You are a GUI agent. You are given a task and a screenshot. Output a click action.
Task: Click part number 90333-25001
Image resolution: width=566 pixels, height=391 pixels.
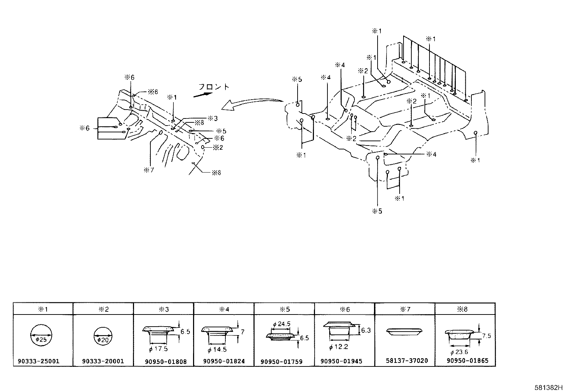click(38, 361)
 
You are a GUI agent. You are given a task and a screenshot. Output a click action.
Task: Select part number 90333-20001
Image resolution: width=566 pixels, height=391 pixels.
click(103, 361)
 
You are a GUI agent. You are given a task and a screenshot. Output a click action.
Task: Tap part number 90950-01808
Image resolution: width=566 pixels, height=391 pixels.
click(166, 361)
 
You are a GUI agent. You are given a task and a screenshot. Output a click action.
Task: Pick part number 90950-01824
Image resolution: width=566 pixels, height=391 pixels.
click(224, 361)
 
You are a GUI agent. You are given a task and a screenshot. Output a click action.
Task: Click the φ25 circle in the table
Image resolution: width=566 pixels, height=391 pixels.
click(41, 335)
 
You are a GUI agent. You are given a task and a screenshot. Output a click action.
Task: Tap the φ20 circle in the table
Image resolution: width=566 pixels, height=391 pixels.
click(103, 336)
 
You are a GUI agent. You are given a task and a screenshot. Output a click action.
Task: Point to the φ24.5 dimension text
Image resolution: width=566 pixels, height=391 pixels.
click(282, 324)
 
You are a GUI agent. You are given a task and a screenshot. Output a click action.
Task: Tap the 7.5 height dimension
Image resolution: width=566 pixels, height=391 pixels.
click(487, 336)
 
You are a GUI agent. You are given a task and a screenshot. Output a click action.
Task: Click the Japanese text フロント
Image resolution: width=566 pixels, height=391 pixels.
click(214, 87)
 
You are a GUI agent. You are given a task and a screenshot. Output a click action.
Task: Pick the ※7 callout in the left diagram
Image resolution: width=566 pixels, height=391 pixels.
click(149, 170)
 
